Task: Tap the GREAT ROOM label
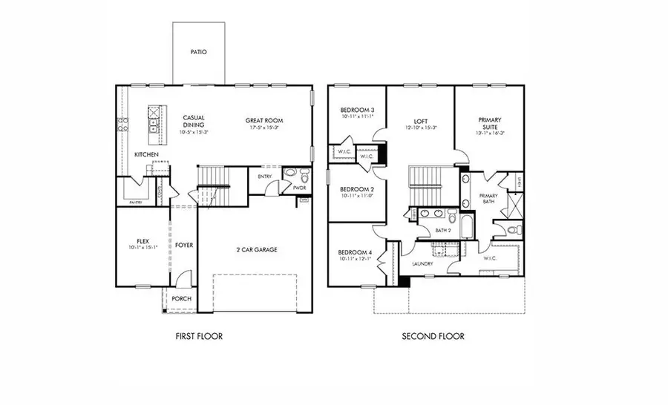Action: (x=264, y=120)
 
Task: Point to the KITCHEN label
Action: (x=146, y=154)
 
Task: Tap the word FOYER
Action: (x=183, y=245)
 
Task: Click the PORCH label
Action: (x=181, y=299)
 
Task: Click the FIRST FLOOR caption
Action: (x=198, y=336)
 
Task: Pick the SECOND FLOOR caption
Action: (x=433, y=336)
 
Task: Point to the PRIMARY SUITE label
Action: (x=489, y=123)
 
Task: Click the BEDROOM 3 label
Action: (x=357, y=109)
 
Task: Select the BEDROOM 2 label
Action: (x=357, y=190)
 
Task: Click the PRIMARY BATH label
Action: (x=488, y=198)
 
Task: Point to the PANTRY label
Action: (x=135, y=202)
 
